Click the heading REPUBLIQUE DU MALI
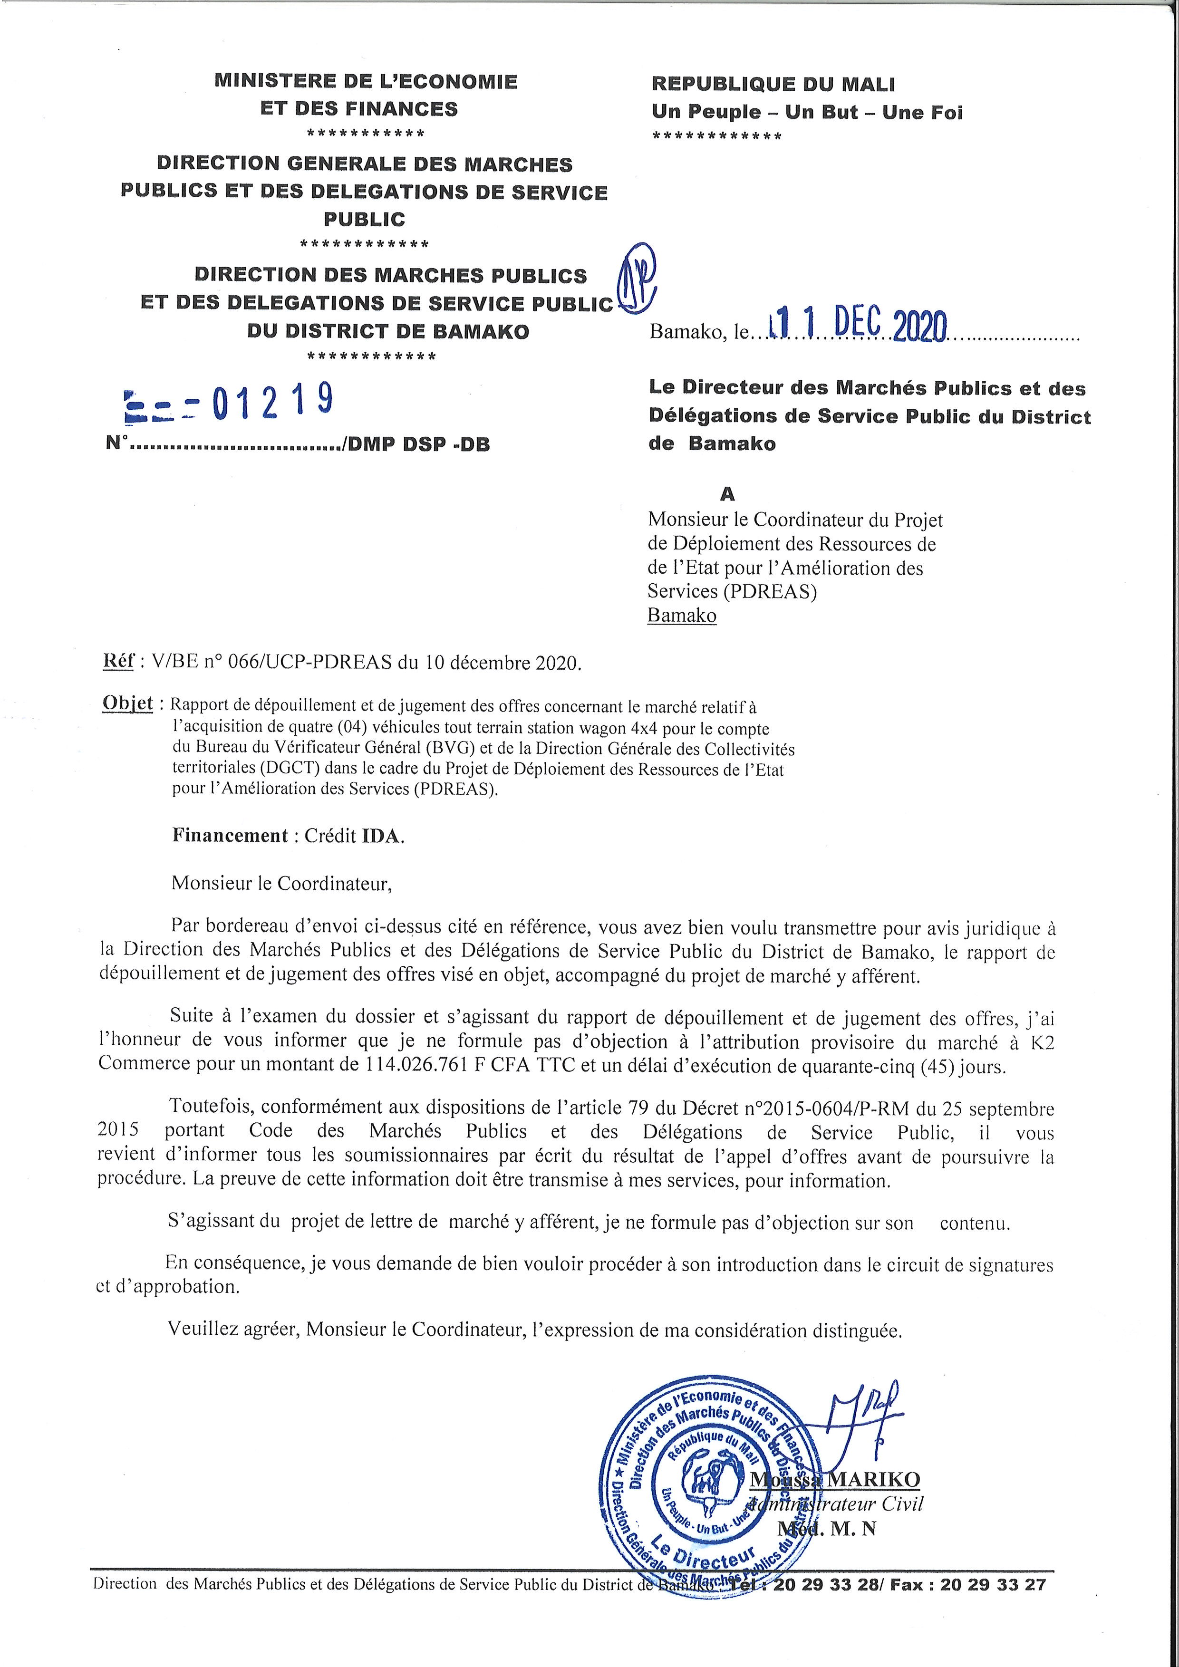pos(773,84)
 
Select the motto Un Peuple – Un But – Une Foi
pos(807,113)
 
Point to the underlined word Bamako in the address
pos(682,615)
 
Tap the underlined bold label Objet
pos(128,703)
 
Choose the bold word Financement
pos(230,835)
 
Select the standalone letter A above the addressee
pos(727,494)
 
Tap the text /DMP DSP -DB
pos(418,444)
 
